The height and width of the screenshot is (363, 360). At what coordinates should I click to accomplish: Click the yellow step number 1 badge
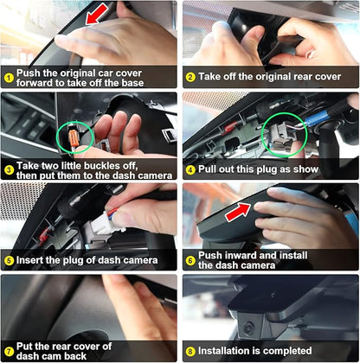(x=9, y=78)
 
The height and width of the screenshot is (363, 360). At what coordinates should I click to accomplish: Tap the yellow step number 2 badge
(x=190, y=77)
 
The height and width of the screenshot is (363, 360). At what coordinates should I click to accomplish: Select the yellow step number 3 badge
(x=9, y=170)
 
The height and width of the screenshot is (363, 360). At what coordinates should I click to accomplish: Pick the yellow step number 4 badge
(x=190, y=169)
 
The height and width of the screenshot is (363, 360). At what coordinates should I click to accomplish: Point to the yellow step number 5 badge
(x=9, y=261)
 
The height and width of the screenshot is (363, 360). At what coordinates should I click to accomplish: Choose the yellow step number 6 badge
(x=190, y=260)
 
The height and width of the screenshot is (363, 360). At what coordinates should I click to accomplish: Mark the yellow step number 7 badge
(x=9, y=351)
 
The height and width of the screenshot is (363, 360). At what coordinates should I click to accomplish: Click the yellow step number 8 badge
(x=190, y=352)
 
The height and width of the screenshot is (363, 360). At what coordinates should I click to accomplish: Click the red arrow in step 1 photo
(x=97, y=14)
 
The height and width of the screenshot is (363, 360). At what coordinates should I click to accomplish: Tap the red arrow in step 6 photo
(x=238, y=212)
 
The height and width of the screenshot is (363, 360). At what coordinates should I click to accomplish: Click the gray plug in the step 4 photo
(x=279, y=137)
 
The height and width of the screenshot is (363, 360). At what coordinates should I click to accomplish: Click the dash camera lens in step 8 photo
(x=247, y=328)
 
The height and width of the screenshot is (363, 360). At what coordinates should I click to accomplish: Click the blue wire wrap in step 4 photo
(x=315, y=118)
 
